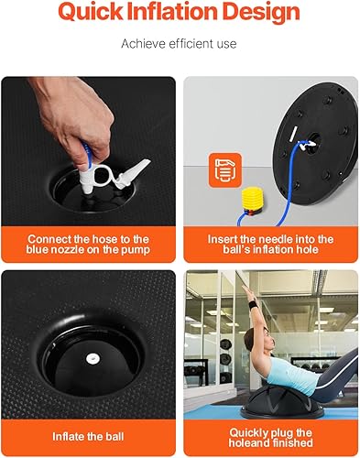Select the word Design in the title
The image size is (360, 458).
point(266,13)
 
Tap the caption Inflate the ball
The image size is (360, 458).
point(87,436)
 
